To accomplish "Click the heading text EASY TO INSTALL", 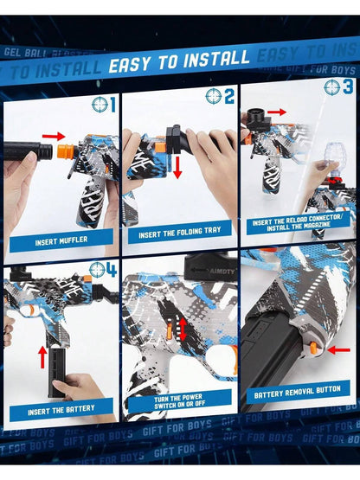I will pos(178,61).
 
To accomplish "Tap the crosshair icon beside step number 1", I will pos(101,105).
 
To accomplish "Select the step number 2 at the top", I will pos(229,96).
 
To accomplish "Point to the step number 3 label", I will pos(348,87).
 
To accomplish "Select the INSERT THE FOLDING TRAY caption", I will pos(179,234).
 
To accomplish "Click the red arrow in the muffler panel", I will pos(54,136).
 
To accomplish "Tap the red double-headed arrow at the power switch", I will pos(183,329).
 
